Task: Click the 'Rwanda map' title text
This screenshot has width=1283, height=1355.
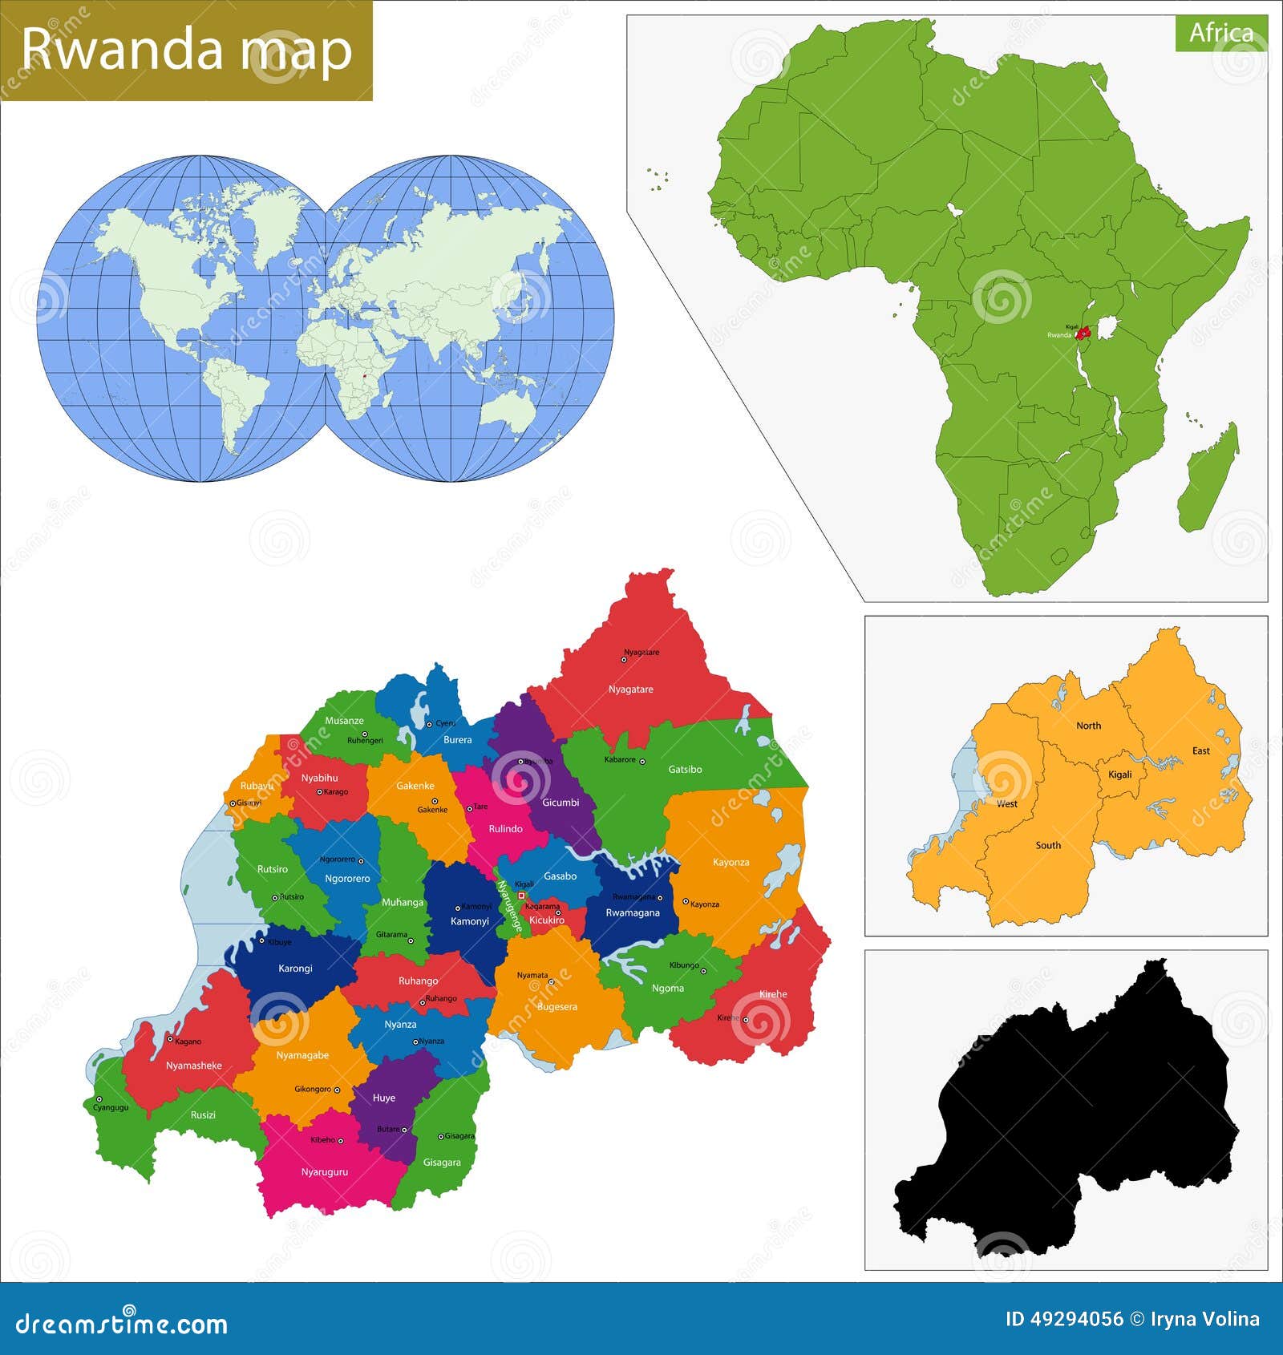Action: pos(186,50)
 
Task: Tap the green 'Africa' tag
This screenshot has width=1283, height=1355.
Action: pos(1220,33)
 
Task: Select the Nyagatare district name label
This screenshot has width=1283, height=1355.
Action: pos(630,690)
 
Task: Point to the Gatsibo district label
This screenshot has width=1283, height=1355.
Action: pos(685,769)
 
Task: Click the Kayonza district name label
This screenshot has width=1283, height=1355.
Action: pos(731,863)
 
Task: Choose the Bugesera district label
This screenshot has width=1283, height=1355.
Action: pos(557,1006)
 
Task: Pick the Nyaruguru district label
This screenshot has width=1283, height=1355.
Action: pos(325,1172)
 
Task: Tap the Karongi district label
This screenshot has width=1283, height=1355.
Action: pos(295,969)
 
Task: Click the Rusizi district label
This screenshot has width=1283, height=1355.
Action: pos(203,1114)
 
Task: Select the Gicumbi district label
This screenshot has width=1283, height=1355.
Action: pos(561,803)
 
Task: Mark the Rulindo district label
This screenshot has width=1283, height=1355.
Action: pos(505,829)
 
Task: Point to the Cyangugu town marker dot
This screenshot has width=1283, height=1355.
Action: pos(99,1099)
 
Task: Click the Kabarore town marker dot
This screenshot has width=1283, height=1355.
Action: pos(641,761)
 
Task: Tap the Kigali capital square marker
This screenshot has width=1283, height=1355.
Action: pos(521,896)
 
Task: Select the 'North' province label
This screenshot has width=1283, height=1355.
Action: pos(1088,726)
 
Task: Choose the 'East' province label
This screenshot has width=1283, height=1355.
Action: pos(1200,750)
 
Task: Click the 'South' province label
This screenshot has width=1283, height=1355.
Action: pos(1047,845)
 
